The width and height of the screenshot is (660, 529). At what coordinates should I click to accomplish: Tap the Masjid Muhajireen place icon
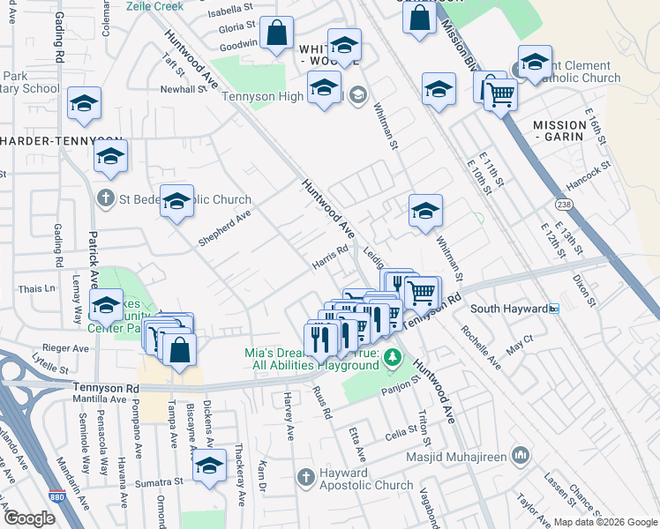[521, 456]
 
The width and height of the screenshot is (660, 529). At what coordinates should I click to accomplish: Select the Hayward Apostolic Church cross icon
[305, 478]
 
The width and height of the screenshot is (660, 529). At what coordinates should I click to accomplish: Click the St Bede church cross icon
[106, 197]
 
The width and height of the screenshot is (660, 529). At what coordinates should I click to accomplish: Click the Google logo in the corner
[30, 518]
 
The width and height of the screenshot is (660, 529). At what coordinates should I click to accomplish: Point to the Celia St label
[400, 432]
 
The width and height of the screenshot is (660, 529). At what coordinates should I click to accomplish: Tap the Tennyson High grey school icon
[356, 95]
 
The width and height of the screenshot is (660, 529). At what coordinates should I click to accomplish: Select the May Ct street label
[521, 344]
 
